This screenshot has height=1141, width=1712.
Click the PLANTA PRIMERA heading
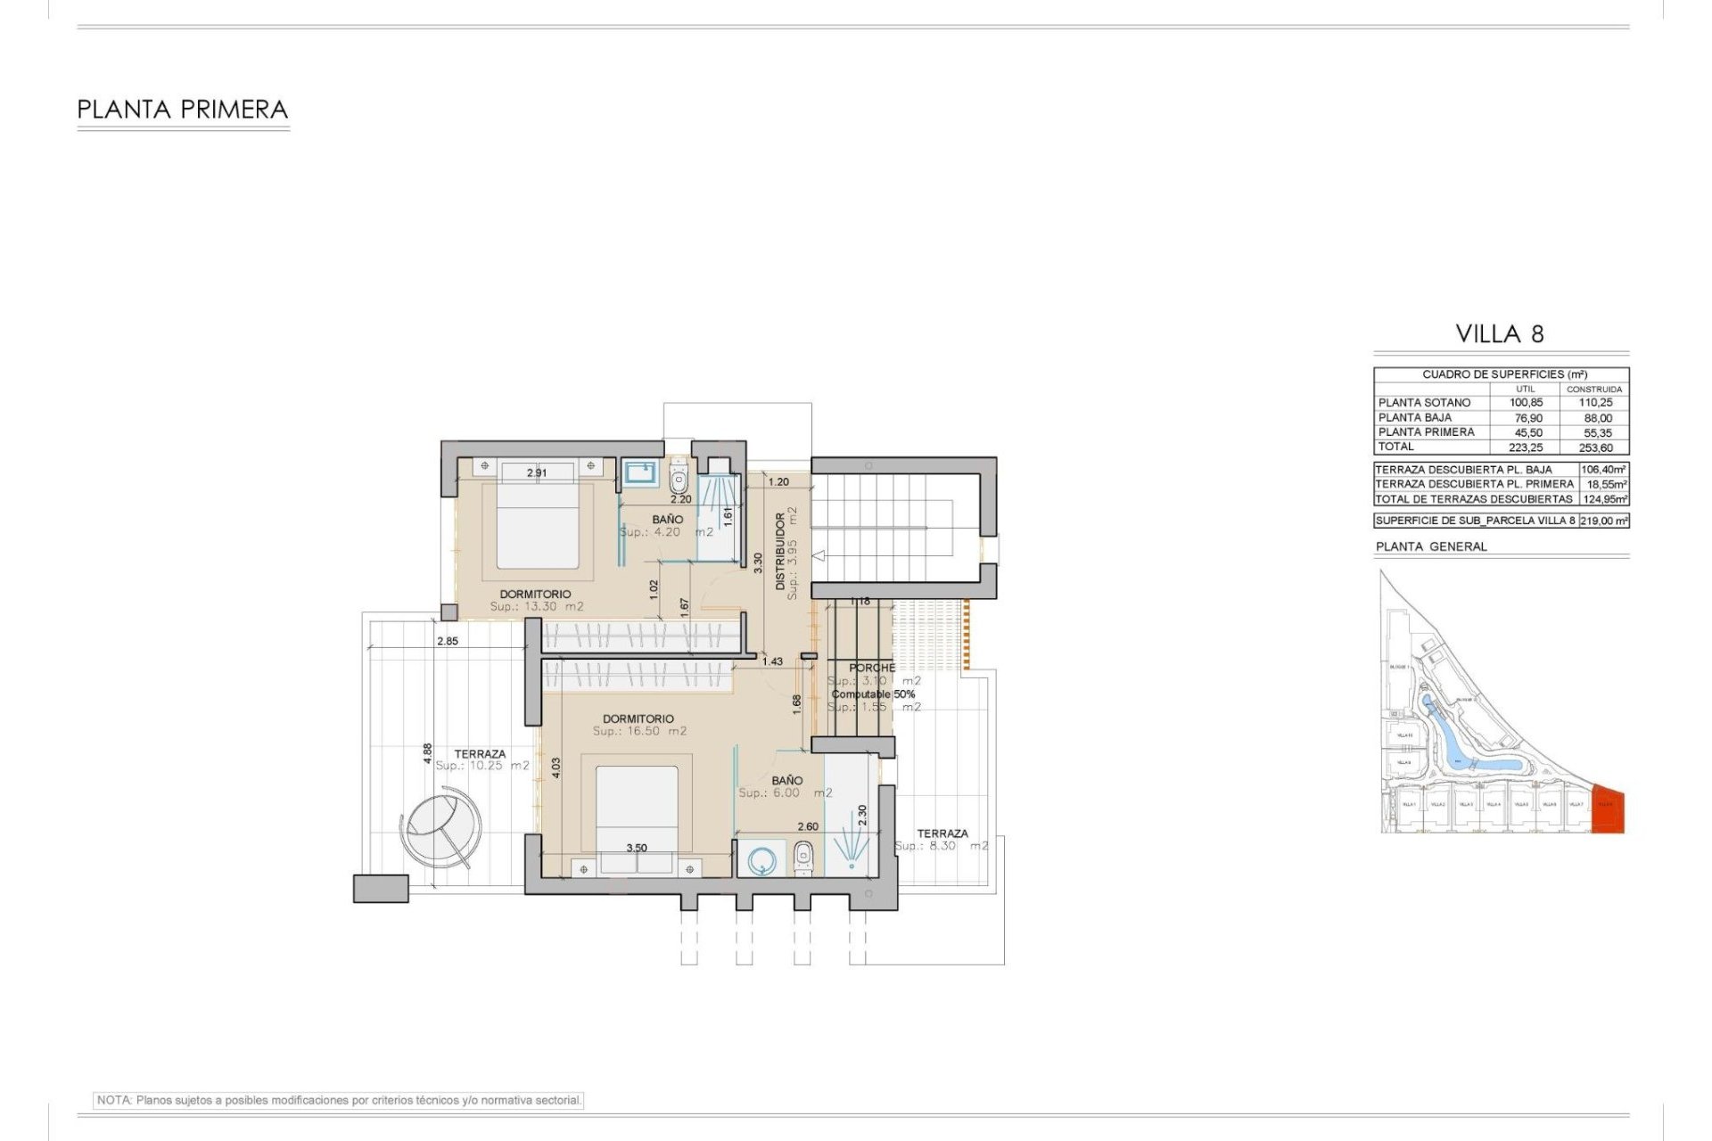click(x=183, y=110)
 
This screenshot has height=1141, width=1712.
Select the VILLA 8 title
click(x=1500, y=334)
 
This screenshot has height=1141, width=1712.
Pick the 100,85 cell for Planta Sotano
click(x=1526, y=403)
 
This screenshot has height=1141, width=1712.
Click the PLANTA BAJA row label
click(x=1415, y=417)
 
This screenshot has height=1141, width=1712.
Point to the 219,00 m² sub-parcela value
click(x=1604, y=521)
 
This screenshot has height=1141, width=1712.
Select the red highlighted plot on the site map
click(x=1608, y=809)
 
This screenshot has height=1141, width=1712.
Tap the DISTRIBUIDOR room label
click(x=780, y=551)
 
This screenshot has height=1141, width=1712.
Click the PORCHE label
click(x=871, y=668)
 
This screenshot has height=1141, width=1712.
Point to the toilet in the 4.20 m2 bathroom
click(x=679, y=480)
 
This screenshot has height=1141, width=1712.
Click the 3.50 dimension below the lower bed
click(x=636, y=848)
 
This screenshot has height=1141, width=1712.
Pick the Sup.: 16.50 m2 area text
click(x=639, y=732)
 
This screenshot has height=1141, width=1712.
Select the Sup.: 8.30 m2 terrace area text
click(x=941, y=846)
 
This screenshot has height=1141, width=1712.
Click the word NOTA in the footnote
click(x=113, y=1101)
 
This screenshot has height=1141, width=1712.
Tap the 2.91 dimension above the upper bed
click(x=536, y=473)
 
